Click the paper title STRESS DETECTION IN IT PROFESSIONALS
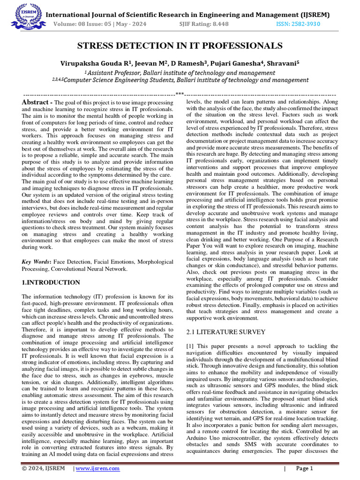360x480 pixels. pyautogui.click(x=180, y=45)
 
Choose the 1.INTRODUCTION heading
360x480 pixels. pyautogui.click(x=52, y=283)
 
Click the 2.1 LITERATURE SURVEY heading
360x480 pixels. pyautogui.click(x=220, y=332)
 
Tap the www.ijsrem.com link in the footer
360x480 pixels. pyautogui.click(x=97, y=468)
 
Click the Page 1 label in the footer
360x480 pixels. pyautogui.click(x=304, y=468)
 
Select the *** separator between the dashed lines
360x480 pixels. pyautogui.click(x=180, y=94)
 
